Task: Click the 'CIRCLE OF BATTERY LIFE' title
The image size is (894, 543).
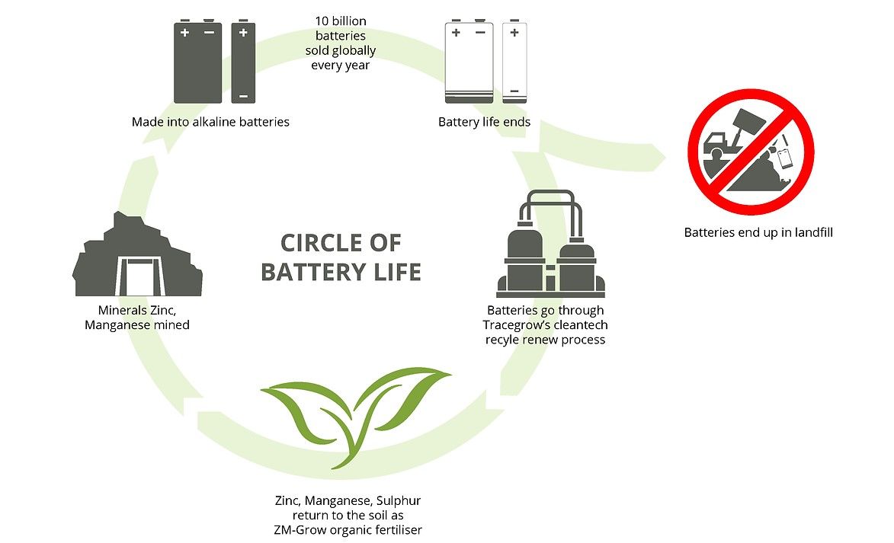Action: coord(340,257)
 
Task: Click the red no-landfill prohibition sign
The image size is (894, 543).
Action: coord(751,152)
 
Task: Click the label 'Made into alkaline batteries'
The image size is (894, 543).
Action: coord(210,122)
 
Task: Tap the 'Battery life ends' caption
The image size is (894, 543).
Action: coord(484,122)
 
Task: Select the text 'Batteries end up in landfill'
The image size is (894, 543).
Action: coord(758,232)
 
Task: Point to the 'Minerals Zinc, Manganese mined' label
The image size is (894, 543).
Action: coord(144,318)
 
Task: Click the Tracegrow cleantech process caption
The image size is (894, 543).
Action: coord(545,324)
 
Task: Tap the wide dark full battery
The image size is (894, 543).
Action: coord(197,62)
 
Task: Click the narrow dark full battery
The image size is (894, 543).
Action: coord(243,62)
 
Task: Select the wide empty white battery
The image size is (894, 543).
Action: coord(469,62)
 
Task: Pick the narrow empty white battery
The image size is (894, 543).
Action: coord(515,62)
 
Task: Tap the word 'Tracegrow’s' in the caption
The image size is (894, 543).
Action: coord(508,324)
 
